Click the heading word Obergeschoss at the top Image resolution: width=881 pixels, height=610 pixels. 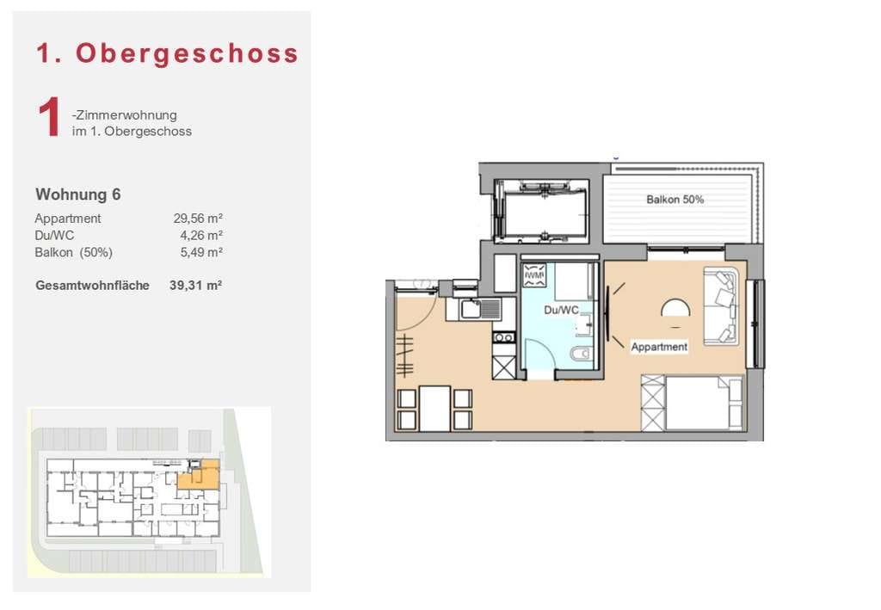187,54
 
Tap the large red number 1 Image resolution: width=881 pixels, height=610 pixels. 49,117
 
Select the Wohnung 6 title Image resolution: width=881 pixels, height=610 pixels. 78,194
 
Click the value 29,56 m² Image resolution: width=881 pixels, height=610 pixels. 198,218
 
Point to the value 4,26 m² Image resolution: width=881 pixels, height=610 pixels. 201,235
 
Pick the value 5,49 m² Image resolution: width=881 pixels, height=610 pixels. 201,252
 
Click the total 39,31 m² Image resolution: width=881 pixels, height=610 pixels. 195,286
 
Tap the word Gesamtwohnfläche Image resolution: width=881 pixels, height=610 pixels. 92,286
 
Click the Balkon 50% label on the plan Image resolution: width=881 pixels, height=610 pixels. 675,200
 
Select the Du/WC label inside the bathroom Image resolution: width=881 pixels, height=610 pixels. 561,310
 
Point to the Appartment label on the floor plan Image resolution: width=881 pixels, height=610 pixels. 659,347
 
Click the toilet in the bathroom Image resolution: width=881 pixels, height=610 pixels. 581,354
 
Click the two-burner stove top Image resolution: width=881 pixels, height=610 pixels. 504,337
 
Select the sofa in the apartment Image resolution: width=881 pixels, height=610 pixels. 720,306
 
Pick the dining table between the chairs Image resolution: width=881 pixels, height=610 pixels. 434,409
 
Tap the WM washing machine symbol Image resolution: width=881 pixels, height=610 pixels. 533,275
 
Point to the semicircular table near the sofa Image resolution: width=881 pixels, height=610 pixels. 675,310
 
